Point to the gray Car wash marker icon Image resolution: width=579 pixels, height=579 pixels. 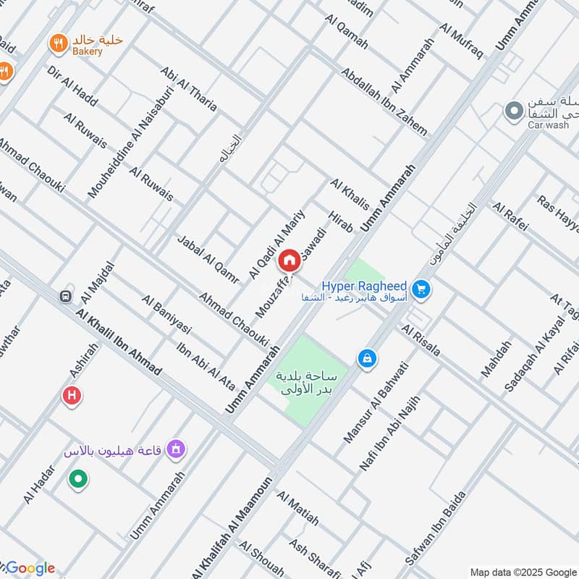(513, 111)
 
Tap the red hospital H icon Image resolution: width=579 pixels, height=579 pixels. (72, 395)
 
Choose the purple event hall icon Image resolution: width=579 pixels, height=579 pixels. (174, 451)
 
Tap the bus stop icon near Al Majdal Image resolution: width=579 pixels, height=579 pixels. (66, 296)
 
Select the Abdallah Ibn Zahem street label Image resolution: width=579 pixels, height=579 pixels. (384, 102)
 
